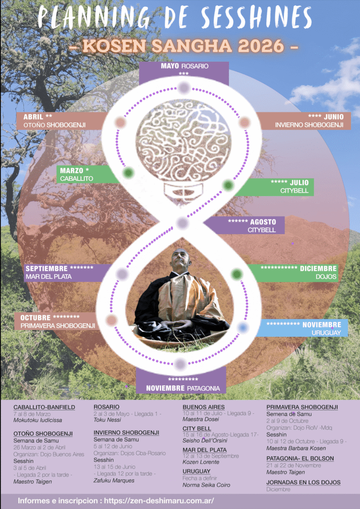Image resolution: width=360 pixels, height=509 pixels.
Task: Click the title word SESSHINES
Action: point(256,18)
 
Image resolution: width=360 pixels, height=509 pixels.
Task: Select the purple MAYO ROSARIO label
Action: point(184,70)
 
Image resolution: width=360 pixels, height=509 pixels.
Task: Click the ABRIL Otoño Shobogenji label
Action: point(59,121)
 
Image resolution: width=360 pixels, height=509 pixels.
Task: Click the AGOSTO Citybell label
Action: point(245,225)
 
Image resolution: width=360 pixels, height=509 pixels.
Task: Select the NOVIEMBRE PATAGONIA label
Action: point(181,384)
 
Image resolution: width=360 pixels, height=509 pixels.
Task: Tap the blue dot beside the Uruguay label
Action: point(242,327)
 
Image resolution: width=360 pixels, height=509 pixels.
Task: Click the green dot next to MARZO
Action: point(128,173)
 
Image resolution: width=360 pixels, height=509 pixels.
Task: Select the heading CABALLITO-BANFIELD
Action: point(44,407)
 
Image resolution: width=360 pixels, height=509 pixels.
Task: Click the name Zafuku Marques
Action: point(114,480)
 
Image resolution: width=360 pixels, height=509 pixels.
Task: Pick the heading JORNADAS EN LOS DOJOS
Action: point(303,482)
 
